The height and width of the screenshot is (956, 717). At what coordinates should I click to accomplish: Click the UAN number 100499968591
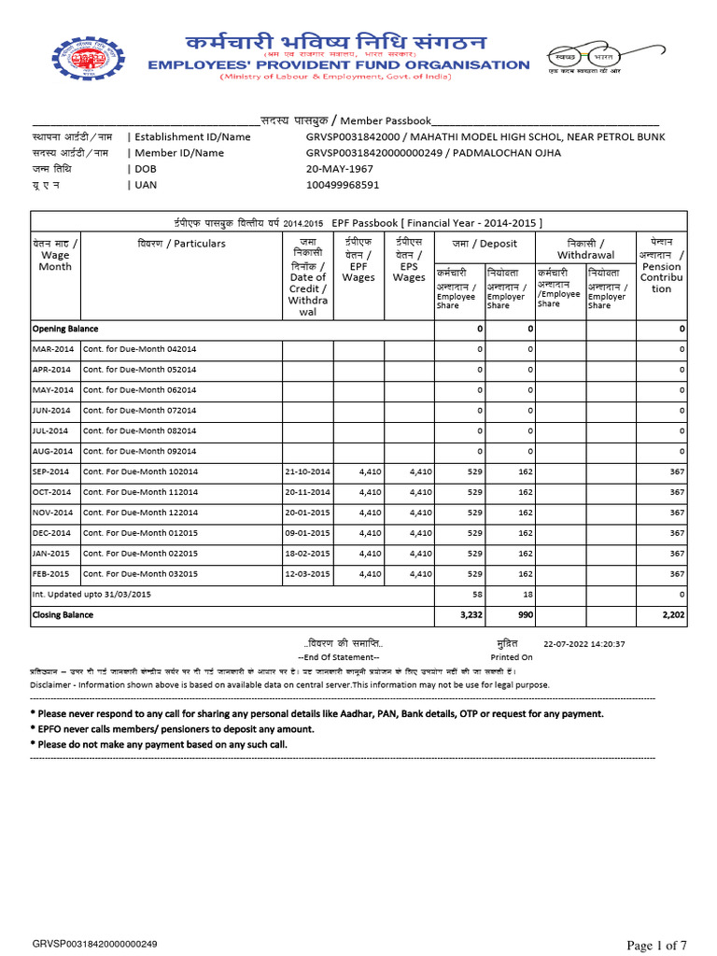click(343, 185)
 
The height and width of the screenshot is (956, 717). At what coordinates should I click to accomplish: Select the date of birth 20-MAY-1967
click(340, 169)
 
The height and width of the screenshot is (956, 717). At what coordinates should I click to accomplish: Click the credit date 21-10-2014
click(308, 471)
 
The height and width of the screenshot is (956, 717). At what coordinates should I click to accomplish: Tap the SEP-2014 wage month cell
click(51, 471)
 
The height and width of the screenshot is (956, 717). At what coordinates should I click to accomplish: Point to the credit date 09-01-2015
click(308, 533)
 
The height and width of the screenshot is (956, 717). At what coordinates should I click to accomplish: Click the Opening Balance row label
click(65, 329)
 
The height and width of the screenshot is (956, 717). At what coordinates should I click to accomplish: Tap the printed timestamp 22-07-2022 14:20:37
click(583, 644)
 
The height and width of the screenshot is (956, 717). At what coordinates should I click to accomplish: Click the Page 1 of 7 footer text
click(655, 946)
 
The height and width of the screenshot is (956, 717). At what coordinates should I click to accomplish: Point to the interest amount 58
click(477, 595)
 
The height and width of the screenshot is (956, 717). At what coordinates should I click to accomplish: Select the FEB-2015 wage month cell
click(51, 574)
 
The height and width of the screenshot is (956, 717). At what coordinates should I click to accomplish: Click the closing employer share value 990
click(525, 615)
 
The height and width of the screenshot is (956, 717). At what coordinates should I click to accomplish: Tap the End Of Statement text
click(338, 657)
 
